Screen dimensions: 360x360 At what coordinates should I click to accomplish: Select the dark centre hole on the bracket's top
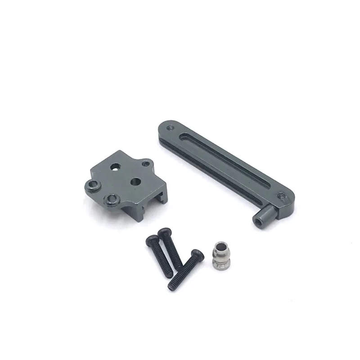coord(134,181)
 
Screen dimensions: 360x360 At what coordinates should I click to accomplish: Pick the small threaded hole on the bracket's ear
coord(145,164)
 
